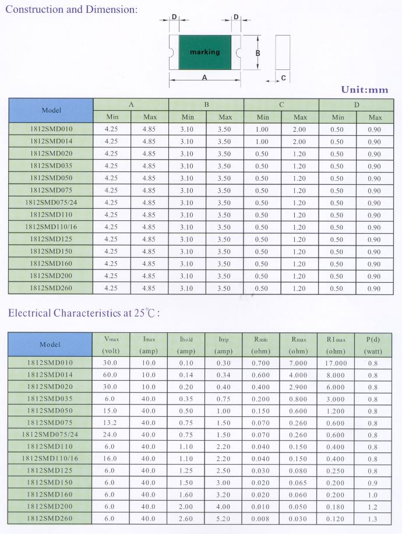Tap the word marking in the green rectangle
[204, 52]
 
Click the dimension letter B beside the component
[258, 52]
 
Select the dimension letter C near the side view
[283, 78]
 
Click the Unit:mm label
[364, 90]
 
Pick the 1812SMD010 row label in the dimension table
[51, 129]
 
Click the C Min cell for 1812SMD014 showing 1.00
[262, 142]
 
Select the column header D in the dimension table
[357, 105]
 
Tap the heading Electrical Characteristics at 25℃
[84, 313]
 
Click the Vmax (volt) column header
[111, 345]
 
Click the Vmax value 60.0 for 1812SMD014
[111, 375]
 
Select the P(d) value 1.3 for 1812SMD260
[373, 518]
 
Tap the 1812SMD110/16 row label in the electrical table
[50, 458]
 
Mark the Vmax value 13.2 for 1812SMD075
[111, 423]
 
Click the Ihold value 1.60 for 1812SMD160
[186, 494]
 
